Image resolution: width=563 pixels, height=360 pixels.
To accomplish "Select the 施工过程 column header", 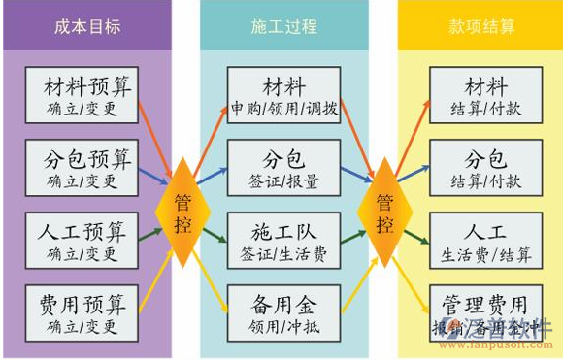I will pyautogui.click(x=283, y=26).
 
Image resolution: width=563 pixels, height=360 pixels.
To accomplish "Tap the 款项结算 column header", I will pyautogui.click(x=481, y=26).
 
